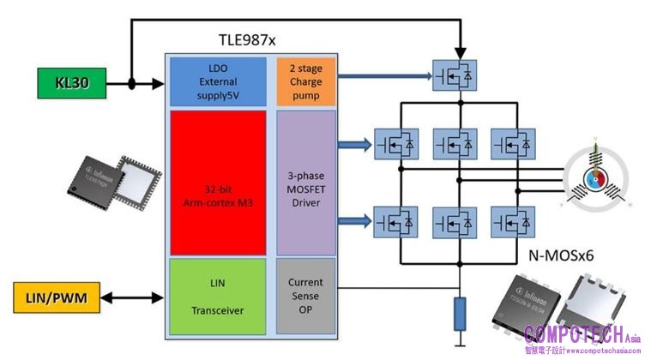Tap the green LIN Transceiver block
tap(219, 296)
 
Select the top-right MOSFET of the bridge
tap(514, 144)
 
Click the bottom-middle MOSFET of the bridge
tap(454, 220)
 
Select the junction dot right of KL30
tap(132, 84)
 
